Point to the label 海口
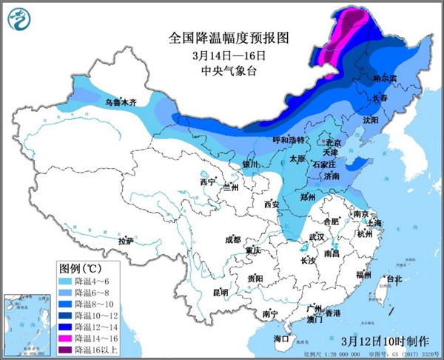[x=280, y=339]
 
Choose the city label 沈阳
[x=369, y=119]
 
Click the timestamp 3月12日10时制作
[x=386, y=341]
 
